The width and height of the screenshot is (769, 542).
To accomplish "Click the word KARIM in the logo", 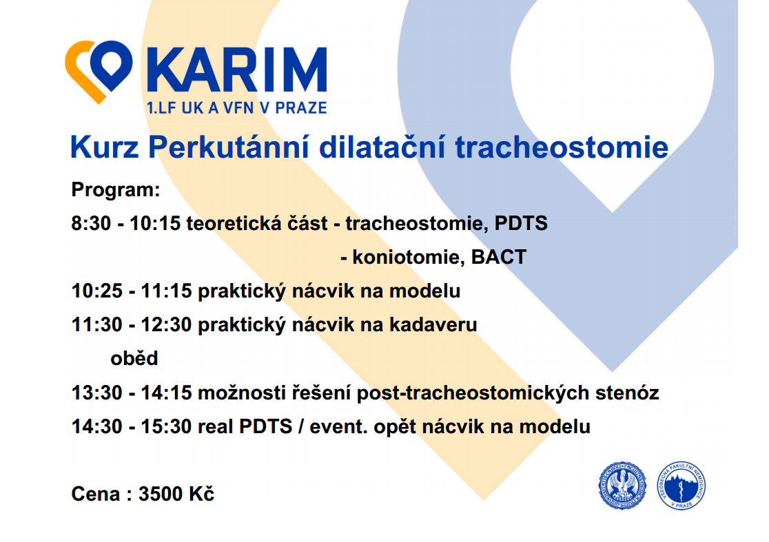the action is coord(237,70).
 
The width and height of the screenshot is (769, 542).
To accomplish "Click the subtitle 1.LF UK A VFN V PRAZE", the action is coord(237,108).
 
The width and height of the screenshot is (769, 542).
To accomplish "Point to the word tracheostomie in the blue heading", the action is coord(562,147).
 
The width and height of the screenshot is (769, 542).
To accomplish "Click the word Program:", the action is coord(116,189).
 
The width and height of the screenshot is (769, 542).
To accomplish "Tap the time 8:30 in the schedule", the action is coord(91,223).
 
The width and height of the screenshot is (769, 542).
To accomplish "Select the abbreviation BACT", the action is coord(499,258).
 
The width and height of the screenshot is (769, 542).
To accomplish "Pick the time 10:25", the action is coord(97,291).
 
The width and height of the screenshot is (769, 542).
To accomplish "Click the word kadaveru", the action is coord(433,325).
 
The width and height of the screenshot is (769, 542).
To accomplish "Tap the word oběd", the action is coord(134,359).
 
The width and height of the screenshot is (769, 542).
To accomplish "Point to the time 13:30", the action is coord(97,393).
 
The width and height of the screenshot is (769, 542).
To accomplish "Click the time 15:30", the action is coord(166,427).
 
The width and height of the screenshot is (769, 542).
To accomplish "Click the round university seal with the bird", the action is coord(622,486).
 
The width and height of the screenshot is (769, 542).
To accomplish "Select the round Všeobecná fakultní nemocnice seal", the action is coord(681,486).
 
